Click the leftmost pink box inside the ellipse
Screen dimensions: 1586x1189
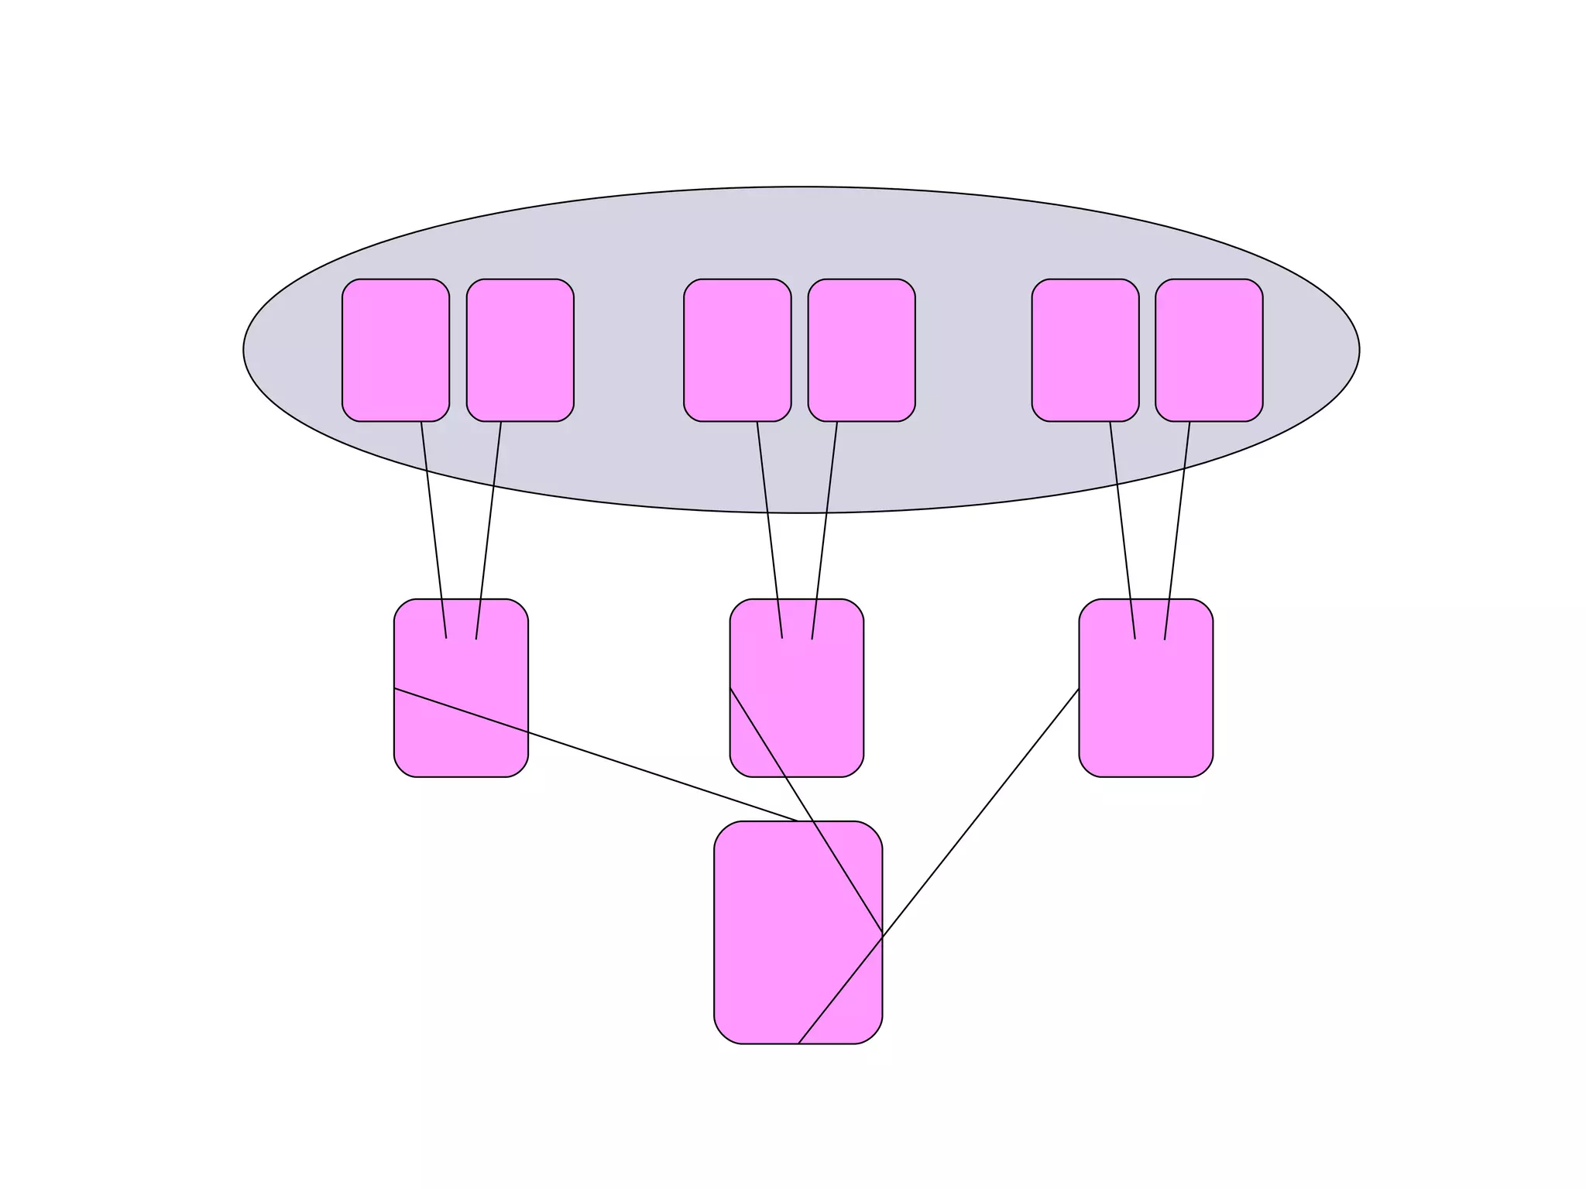[396, 350]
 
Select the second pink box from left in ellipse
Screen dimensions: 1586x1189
[520, 350]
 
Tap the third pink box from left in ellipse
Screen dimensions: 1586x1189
[737, 350]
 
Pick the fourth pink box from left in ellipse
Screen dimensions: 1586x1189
[861, 350]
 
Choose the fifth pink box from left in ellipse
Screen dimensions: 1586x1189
[1085, 350]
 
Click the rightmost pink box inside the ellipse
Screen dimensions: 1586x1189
[1209, 350]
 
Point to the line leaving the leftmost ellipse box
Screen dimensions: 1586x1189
[434, 530]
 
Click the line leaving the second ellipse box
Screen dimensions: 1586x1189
[489, 530]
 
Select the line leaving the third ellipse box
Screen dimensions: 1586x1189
[770, 530]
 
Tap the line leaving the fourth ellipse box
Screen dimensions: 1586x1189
[825, 530]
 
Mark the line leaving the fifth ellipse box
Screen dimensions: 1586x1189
[1123, 530]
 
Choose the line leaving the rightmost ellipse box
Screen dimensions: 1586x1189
[1177, 530]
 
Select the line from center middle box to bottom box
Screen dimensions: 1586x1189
[805, 809]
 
